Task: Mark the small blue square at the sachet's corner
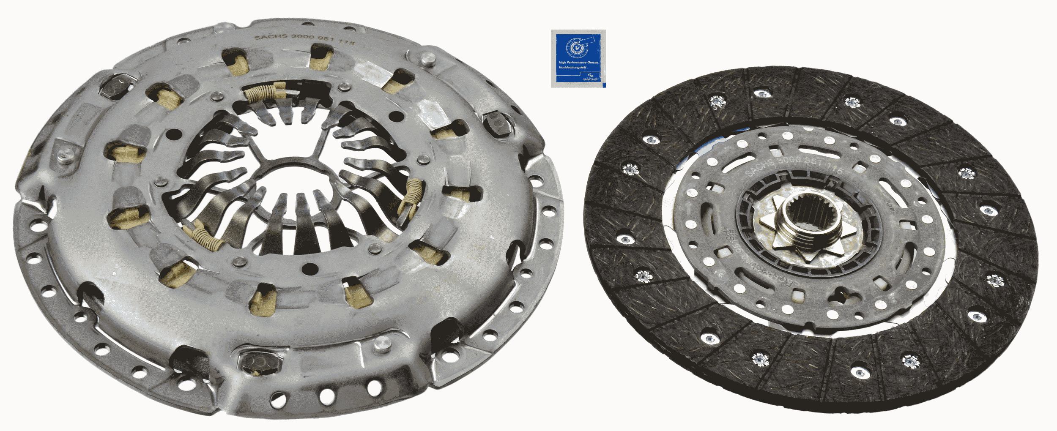pos(603,85)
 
